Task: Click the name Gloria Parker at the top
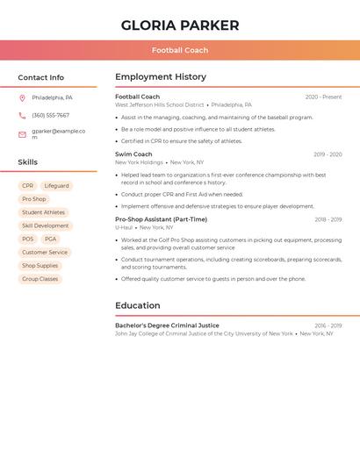coord(180,25)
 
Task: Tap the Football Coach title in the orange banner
coord(180,51)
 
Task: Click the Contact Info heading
coord(40,77)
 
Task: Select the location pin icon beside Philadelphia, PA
coord(22,98)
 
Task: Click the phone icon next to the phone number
coord(22,116)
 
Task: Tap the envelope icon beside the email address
coord(22,134)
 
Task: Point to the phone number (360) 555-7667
coord(50,116)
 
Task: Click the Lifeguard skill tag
coord(56,186)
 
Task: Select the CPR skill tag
coord(28,186)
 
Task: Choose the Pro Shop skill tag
coord(34,199)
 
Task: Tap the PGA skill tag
coord(51,239)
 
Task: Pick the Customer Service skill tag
coord(45,253)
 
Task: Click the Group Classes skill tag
coord(40,279)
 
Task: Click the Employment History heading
coord(161,77)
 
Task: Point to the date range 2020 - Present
coord(323,97)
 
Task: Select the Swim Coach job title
coord(133,154)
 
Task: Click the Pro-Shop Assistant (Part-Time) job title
coord(161,219)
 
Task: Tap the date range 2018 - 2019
coord(328,219)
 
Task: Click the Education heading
coord(138,305)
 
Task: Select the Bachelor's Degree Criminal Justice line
coord(167,325)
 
